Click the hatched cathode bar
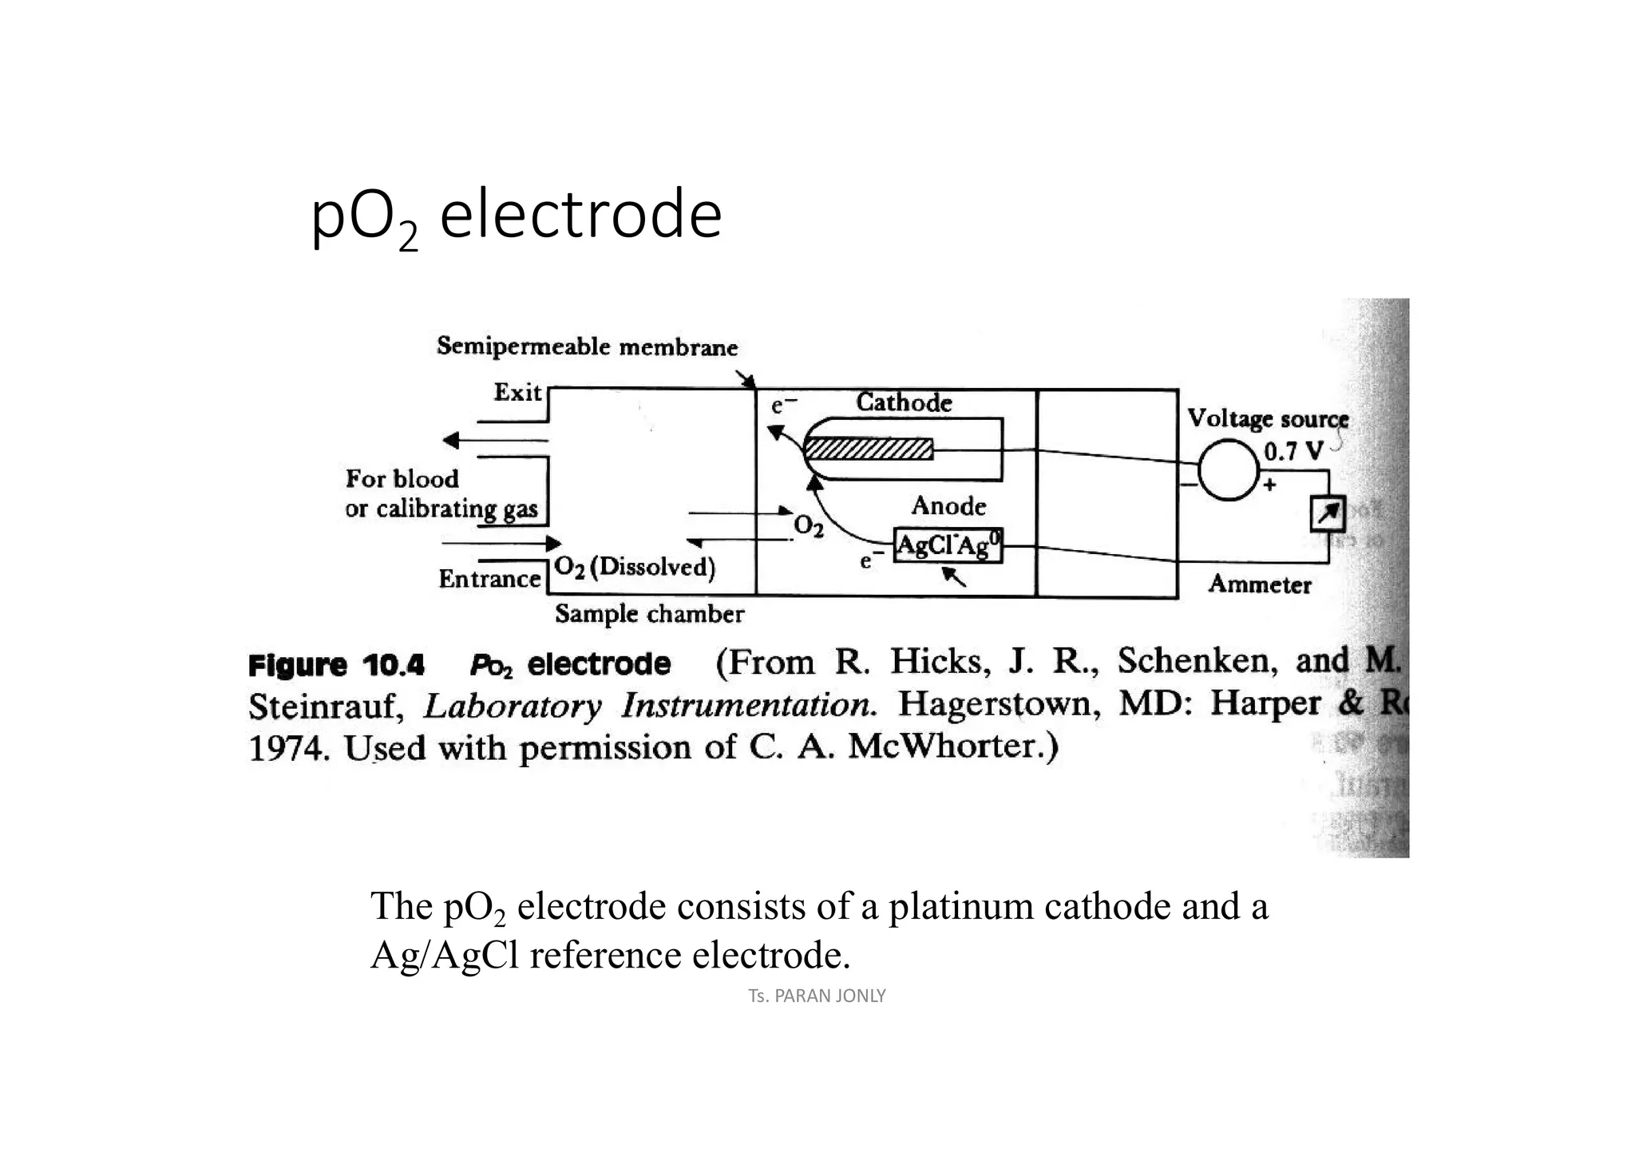pos(869,449)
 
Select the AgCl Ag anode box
pos(948,546)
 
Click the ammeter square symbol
pos(1328,515)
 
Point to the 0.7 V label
pos(1293,452)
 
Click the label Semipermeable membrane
pos(587,347)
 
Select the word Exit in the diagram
pos(517,393)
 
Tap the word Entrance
pos(489,579)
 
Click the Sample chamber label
pos(649,614)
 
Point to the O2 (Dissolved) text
pos(635,567)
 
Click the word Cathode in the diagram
pos(904,402)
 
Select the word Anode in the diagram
pos(948,506)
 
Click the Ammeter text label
pos(1259,584)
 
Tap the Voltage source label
pos(1267,419)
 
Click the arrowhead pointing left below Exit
pos(452,440)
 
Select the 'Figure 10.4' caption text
pos(336,665)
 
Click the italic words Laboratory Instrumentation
pos(649,706)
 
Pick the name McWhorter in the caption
pos(952,747)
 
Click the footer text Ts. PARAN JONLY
pos(817,996)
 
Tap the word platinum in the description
pos(960,906)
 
